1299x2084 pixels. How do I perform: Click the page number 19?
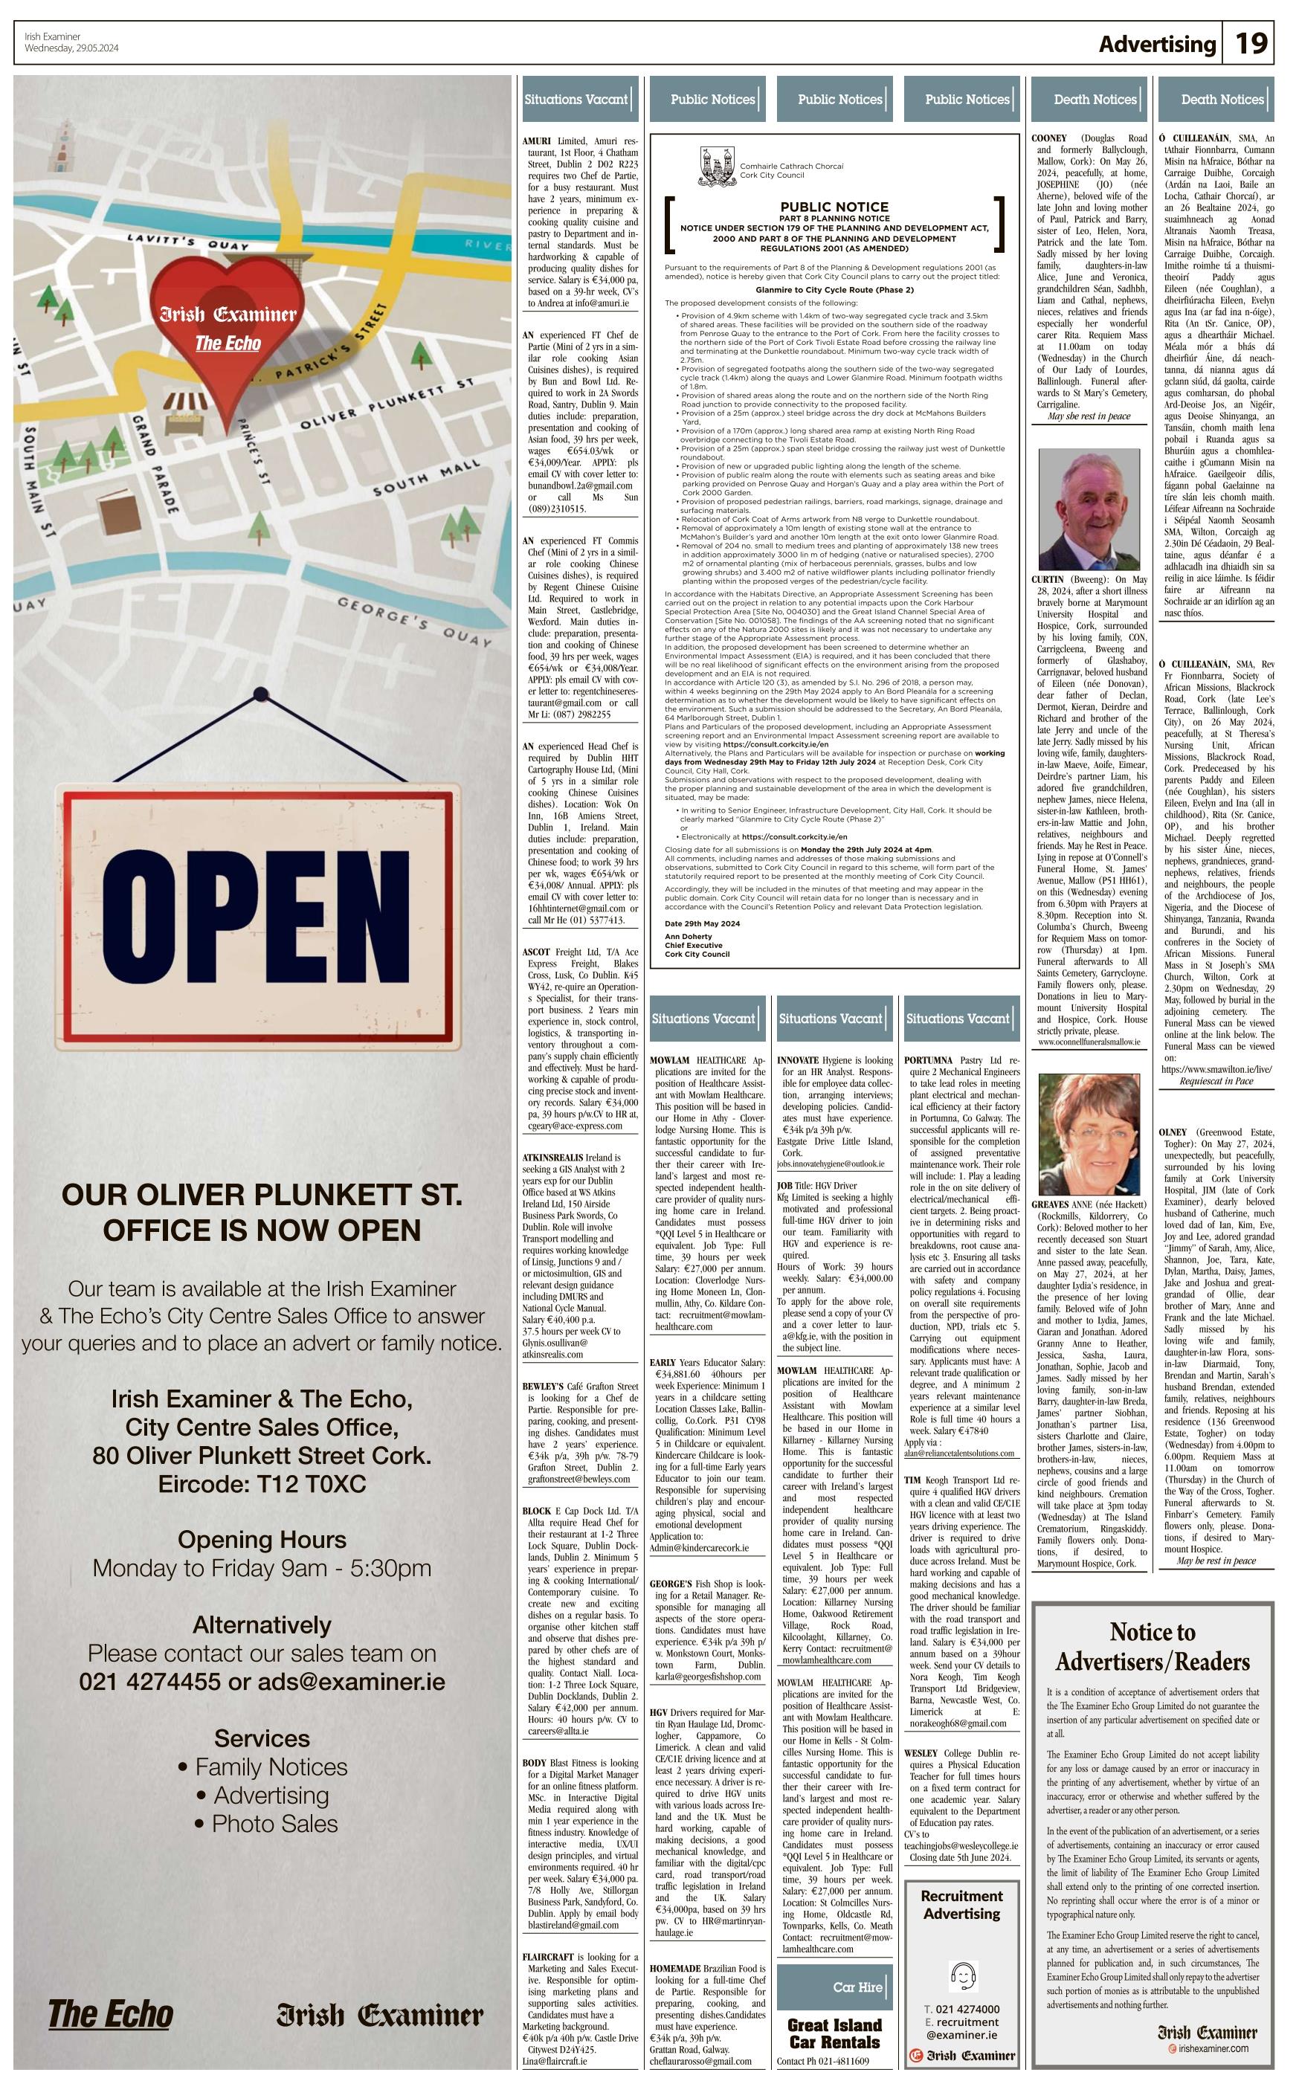point(1251,44)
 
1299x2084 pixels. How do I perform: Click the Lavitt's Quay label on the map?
point(187,242)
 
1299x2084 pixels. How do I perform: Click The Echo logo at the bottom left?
point(110,2013)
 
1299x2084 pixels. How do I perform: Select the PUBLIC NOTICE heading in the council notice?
point(834,206)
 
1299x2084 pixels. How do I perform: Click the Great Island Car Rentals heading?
point(834,2033)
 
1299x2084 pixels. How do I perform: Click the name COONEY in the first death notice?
point(1049,138)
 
